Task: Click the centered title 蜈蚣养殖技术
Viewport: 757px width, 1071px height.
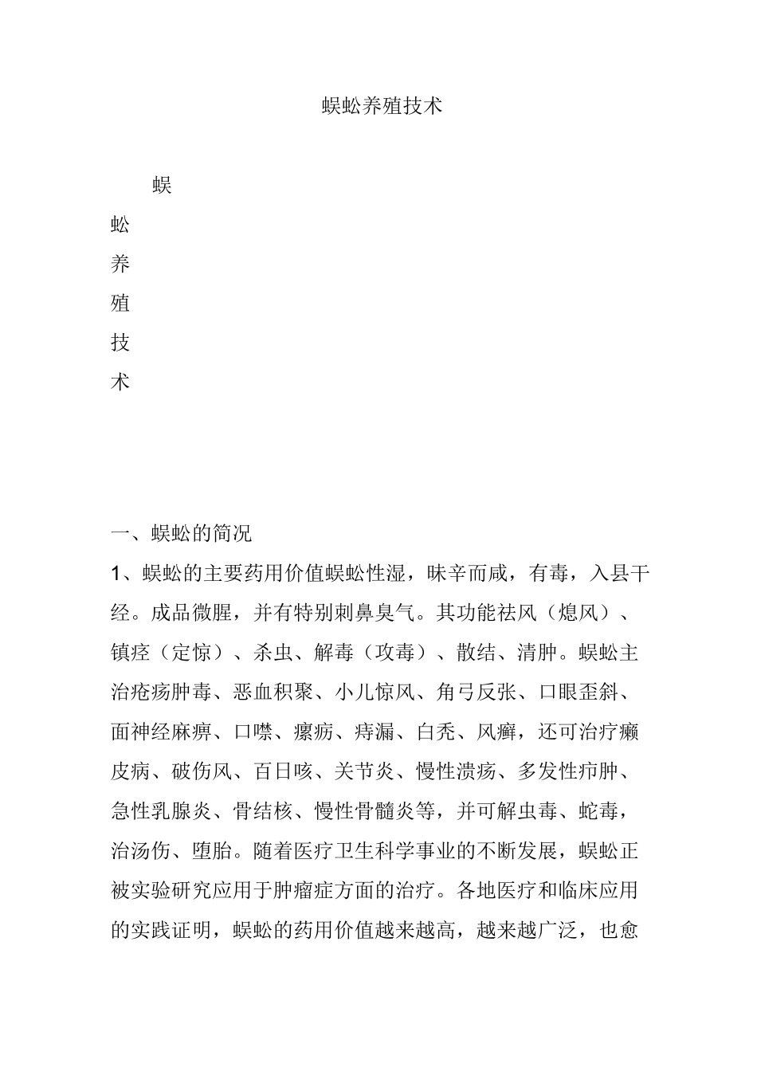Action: pyautogui.click(x=382, y=106)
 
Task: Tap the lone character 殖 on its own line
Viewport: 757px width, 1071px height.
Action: pyautogui.click(x=120, y=303)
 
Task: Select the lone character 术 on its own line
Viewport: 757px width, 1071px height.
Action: pyautogui.click(x=120, y=382)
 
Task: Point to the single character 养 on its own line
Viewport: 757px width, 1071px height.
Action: pyautogui.click(x=120, y=264)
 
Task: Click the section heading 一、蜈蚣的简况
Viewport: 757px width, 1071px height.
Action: pyautogui.click(x=181, y=533)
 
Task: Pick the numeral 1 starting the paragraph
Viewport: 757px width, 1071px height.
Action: pyautogui.click(x=116, y=573)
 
